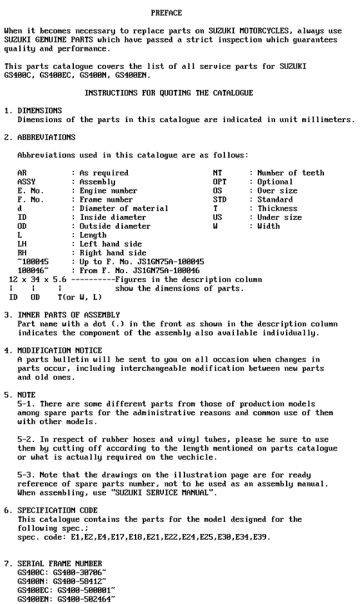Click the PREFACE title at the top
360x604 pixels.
[166, 13]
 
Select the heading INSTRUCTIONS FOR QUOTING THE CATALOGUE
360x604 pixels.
[169, 93]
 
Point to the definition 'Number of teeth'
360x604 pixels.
[291, 173]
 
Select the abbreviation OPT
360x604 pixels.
[220, 182]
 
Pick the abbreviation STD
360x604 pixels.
[220, 200]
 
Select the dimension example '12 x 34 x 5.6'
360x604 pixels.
[38, 280]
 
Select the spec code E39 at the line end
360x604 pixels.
[262, 537]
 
